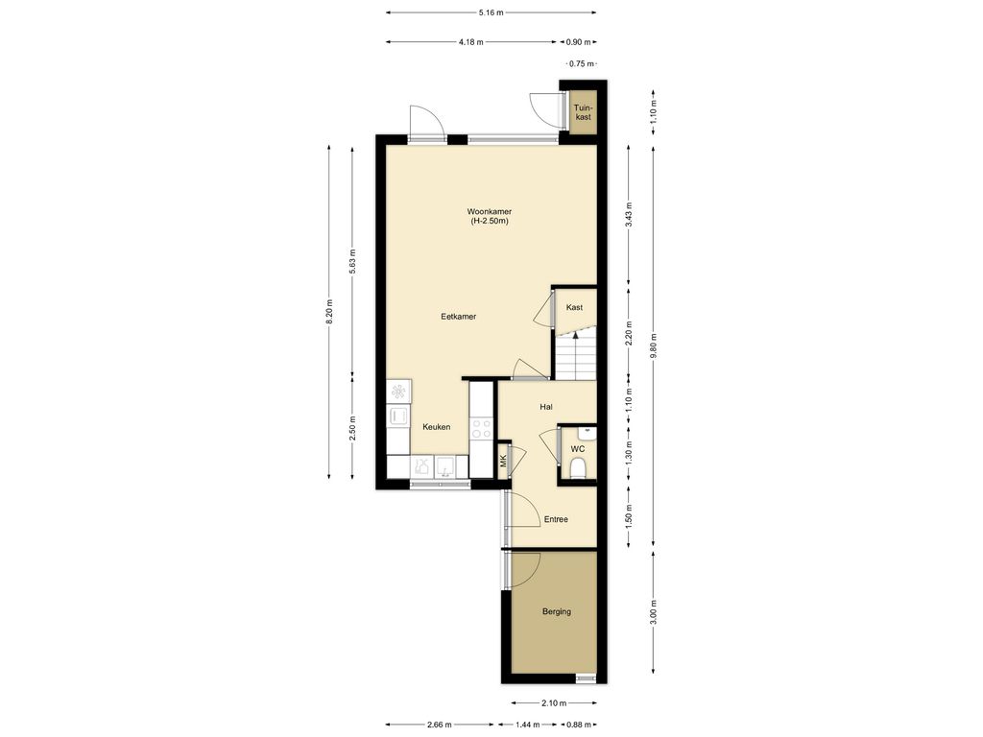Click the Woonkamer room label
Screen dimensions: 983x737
(x=489, y=212)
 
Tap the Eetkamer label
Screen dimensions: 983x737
(x=458, y=317)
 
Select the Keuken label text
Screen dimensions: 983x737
(x=437, y=427)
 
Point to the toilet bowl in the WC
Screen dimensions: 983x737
(x=578, y=467)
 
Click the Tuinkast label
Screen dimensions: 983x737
(x=583, y=112)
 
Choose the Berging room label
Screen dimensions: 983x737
(x=557, y=611)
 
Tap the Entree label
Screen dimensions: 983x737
(x=556, y=519)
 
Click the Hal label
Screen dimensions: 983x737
(x=546, y=407)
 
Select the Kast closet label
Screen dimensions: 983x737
(x=574, y=307)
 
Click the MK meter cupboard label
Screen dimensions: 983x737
(x=503, y=462)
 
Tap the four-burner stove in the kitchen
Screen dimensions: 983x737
(x=482, y=429)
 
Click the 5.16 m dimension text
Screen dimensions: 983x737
(x=491, y=12)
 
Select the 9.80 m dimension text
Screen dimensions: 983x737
(x=653, y=345)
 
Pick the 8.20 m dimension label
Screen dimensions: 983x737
(x=329, y=312)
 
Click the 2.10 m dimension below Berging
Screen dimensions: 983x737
(x=554, y=703)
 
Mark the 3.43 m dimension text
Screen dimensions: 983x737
(x=630, y=215)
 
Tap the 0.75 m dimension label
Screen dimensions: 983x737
(x=581, y=63)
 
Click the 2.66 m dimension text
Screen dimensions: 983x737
(x=439, y=725)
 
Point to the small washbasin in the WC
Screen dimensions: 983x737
(x=587, y=431)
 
